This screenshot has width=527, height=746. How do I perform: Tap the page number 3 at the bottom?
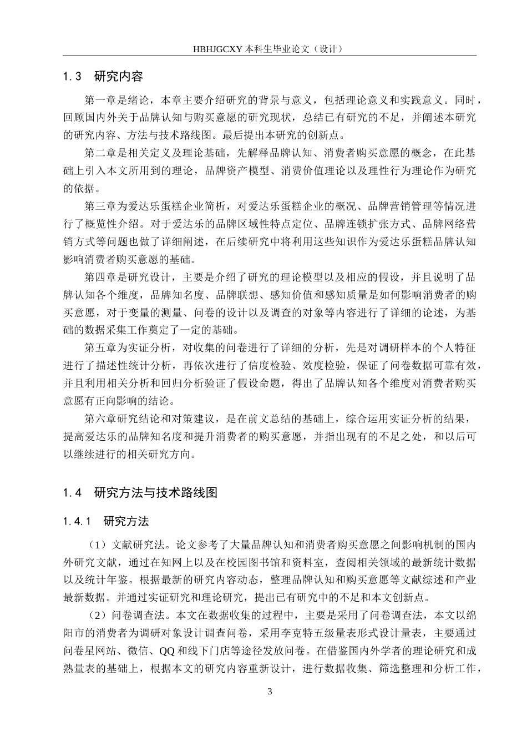tap(270, 691)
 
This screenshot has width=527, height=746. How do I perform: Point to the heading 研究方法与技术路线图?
tap(156, 492)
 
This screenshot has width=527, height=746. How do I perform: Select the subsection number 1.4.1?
tap(77, 521)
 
